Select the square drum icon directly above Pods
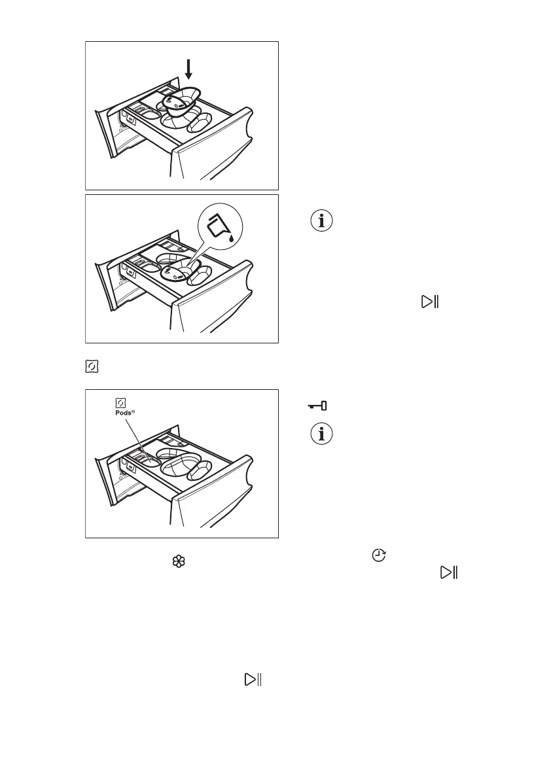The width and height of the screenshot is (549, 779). coord(120,404)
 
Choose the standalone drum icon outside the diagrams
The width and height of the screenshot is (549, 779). coord(91,367)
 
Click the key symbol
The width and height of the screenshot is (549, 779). coord(318,406)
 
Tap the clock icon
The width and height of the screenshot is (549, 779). coord(378,555)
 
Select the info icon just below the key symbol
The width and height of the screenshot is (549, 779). coord(321,434)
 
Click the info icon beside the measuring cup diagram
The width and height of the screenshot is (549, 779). coord(321,221)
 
